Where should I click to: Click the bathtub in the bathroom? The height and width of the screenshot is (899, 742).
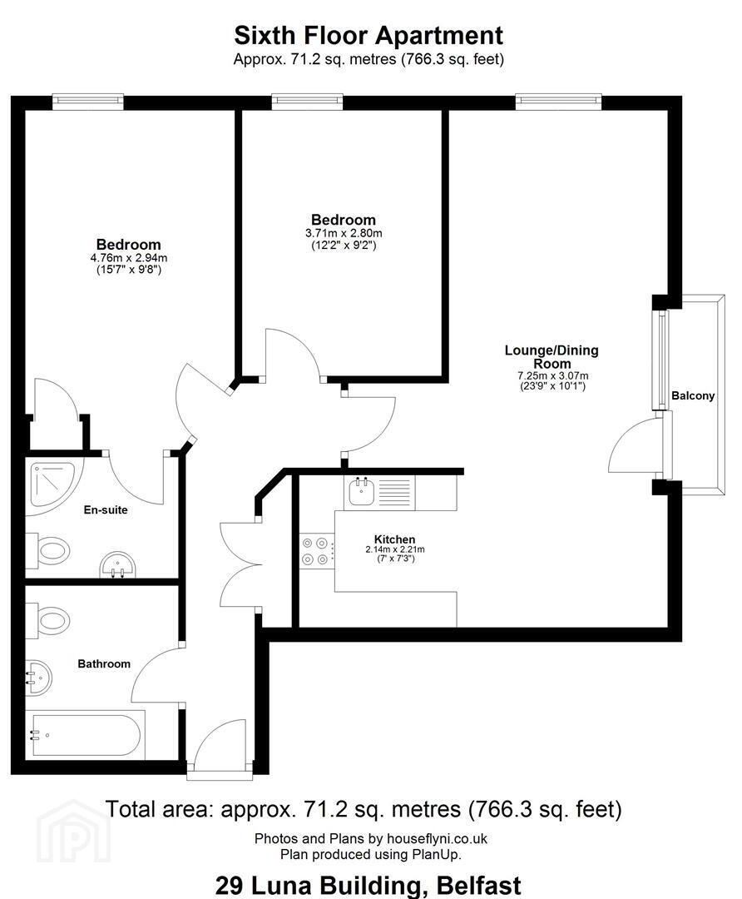[x=86, y=736]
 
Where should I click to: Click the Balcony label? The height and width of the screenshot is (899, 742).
[x=693, y=395]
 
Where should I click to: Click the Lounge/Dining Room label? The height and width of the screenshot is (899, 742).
[x=552, y=356]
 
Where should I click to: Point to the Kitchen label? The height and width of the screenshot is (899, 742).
[x=395, y=539]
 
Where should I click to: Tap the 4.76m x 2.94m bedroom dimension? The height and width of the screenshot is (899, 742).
[x=129, y=259]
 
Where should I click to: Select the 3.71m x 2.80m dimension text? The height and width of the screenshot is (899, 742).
[x=344, y=233]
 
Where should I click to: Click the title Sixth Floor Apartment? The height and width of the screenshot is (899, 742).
[x=369, y=36]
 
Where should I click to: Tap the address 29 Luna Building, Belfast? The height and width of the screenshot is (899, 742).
[x=369, y=886]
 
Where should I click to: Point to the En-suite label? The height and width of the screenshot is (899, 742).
[x=106, y=509]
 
